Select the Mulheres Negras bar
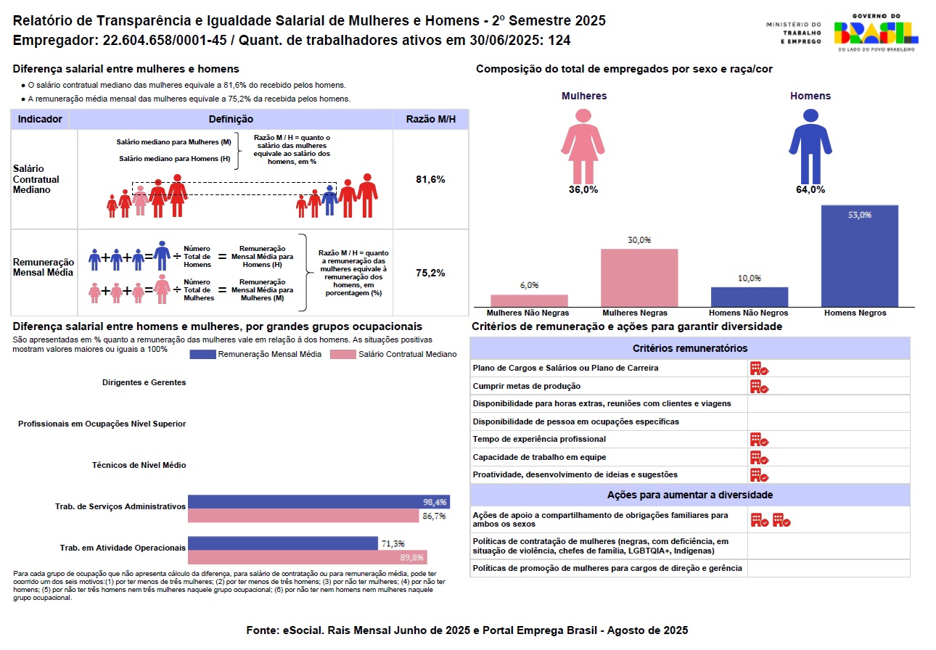(639, 278)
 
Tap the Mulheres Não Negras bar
(529, 300)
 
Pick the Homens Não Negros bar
(749, 297)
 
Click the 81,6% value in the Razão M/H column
(430, 179)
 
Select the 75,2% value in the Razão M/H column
(430, 273)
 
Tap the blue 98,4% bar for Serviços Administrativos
(319, 501)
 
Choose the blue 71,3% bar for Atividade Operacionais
(283, 543)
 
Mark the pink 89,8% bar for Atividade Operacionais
(307, 557)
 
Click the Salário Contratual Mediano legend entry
(393, 354)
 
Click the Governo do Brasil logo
(876, 33)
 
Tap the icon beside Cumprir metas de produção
(759, 386)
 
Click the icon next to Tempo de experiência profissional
(759, 439)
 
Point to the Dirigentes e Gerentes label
(144, 382)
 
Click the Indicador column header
(40, 119)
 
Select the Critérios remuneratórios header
(689, 348)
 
